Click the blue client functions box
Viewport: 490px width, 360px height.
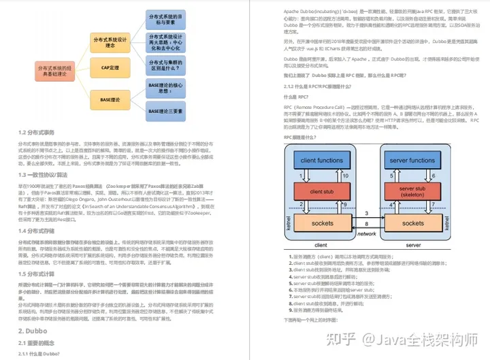click(x=321, y=161)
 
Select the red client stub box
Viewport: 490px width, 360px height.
click(x=321, y=192)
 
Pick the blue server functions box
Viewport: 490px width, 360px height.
click(x=412, y=161)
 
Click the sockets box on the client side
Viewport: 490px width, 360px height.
click(x=321, y=223)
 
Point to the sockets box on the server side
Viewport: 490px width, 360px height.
click(x=412, y=223)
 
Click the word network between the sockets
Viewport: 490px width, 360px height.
click(x=367, y=233)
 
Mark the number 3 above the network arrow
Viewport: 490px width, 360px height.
click(x=367, y=214)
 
